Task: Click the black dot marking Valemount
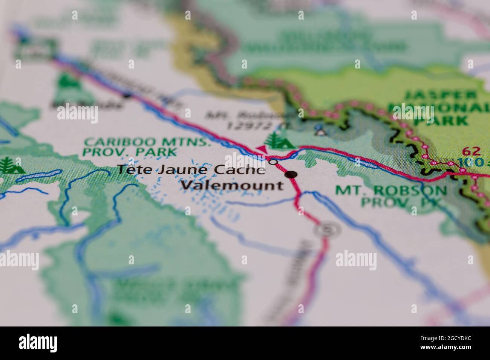[x=291, y=174]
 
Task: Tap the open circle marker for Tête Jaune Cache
[x=274, y=162]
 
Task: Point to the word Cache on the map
[x=240, y=170]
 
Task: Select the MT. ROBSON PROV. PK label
[x=391, y=196]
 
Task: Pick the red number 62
[x=471, y=151]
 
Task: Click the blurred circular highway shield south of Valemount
[x=324, y=229]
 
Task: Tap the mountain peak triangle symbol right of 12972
[x=320, y=131]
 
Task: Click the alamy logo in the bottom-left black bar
[x=38, y=343]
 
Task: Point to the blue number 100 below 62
[x=471, y=163]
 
